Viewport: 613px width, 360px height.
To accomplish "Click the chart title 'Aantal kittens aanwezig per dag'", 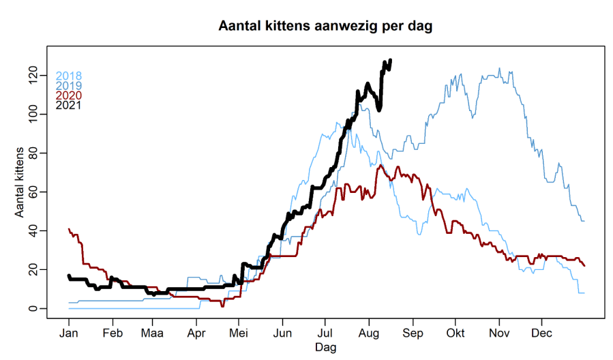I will (325, 26).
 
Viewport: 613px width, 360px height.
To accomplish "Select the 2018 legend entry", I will (69, 76).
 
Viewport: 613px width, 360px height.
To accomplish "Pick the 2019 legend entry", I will (69, 85).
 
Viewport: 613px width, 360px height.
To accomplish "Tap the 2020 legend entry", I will (69, 95).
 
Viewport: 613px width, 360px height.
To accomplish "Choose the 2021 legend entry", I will (69, 105).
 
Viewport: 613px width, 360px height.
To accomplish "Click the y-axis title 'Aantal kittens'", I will (20, 182).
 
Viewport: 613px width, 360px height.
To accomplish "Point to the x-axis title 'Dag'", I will (325, 346).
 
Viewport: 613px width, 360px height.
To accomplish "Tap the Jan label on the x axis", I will (69, 333).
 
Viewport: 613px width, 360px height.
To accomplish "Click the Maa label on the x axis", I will (153, 333).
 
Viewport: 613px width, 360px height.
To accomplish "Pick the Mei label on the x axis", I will (239, 333).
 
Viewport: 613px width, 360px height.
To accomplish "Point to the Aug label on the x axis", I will (369, 333).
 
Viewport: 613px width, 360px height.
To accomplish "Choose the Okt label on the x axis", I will (455, 333).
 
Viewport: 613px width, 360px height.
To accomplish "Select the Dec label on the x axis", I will (541, 333).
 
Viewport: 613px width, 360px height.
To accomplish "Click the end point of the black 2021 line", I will (390, 60).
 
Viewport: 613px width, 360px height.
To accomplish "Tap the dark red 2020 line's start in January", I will (69, 229).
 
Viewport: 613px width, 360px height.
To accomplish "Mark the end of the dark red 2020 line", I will (584, 265).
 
